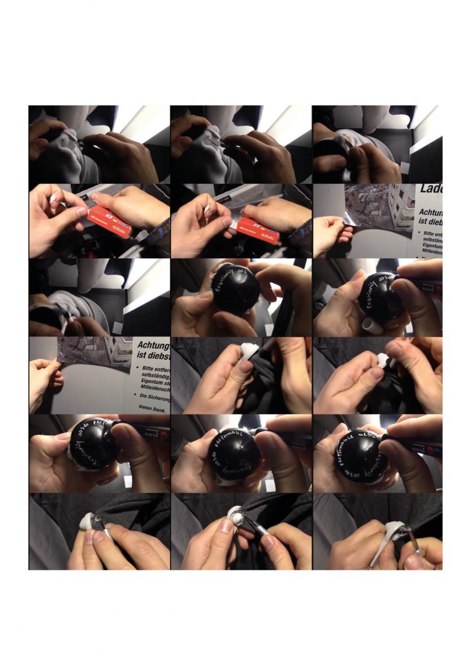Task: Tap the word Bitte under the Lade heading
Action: pos(432,234)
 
